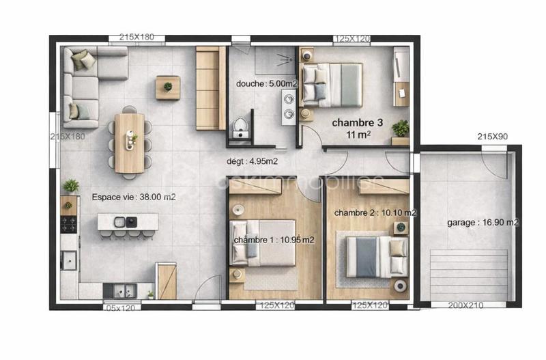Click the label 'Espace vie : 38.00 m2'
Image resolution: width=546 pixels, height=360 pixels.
tap(134, 197)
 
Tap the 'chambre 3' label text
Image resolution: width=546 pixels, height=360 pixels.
tap(357, 123)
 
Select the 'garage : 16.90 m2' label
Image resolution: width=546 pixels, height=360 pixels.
tap(483, 222)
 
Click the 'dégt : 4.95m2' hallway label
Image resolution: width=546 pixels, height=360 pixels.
tap(252, 162)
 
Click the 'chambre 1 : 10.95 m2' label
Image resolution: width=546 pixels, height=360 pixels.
tap(274, 240)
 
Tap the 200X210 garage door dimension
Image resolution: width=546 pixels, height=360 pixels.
tap(467, 305)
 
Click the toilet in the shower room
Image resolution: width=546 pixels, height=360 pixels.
tap(240, 127)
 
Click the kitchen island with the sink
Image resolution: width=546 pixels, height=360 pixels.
tap(128, 222)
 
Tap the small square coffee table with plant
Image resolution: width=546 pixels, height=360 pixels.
tap(167, 87)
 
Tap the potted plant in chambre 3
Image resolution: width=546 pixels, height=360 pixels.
tap(401, 128)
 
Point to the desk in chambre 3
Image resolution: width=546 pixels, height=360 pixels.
tap(401, 76)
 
